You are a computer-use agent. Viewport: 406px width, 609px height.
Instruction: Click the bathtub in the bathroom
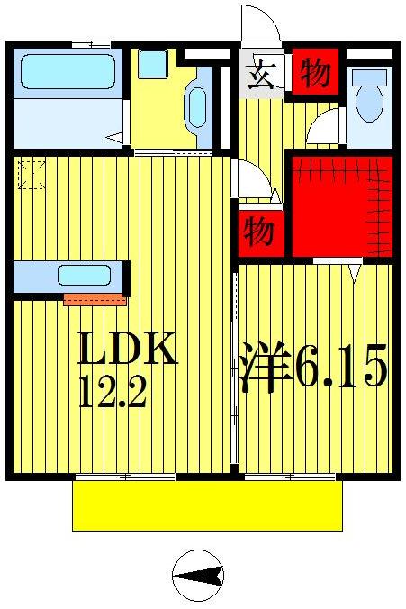pos(68,72)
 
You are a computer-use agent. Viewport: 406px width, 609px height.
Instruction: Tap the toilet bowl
pos(369,99)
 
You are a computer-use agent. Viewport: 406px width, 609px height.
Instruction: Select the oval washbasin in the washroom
pos(197,106)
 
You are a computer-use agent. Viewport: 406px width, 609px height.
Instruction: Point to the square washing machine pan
pos(153,64)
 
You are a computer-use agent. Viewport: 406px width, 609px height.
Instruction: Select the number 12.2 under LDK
pos(112,395)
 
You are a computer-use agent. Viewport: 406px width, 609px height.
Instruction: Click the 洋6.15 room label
pos(313,369)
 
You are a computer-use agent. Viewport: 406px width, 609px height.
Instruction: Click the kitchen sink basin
pos(85,275)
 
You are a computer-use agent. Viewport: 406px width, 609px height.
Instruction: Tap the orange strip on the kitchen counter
pos(95,299)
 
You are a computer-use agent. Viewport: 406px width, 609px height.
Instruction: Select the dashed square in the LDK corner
pos(32,174)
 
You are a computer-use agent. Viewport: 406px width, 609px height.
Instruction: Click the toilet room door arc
pos(323,128)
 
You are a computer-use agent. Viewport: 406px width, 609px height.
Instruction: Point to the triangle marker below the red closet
pos(356,270)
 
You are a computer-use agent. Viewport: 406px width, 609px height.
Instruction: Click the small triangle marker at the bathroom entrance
pos(114,137)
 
